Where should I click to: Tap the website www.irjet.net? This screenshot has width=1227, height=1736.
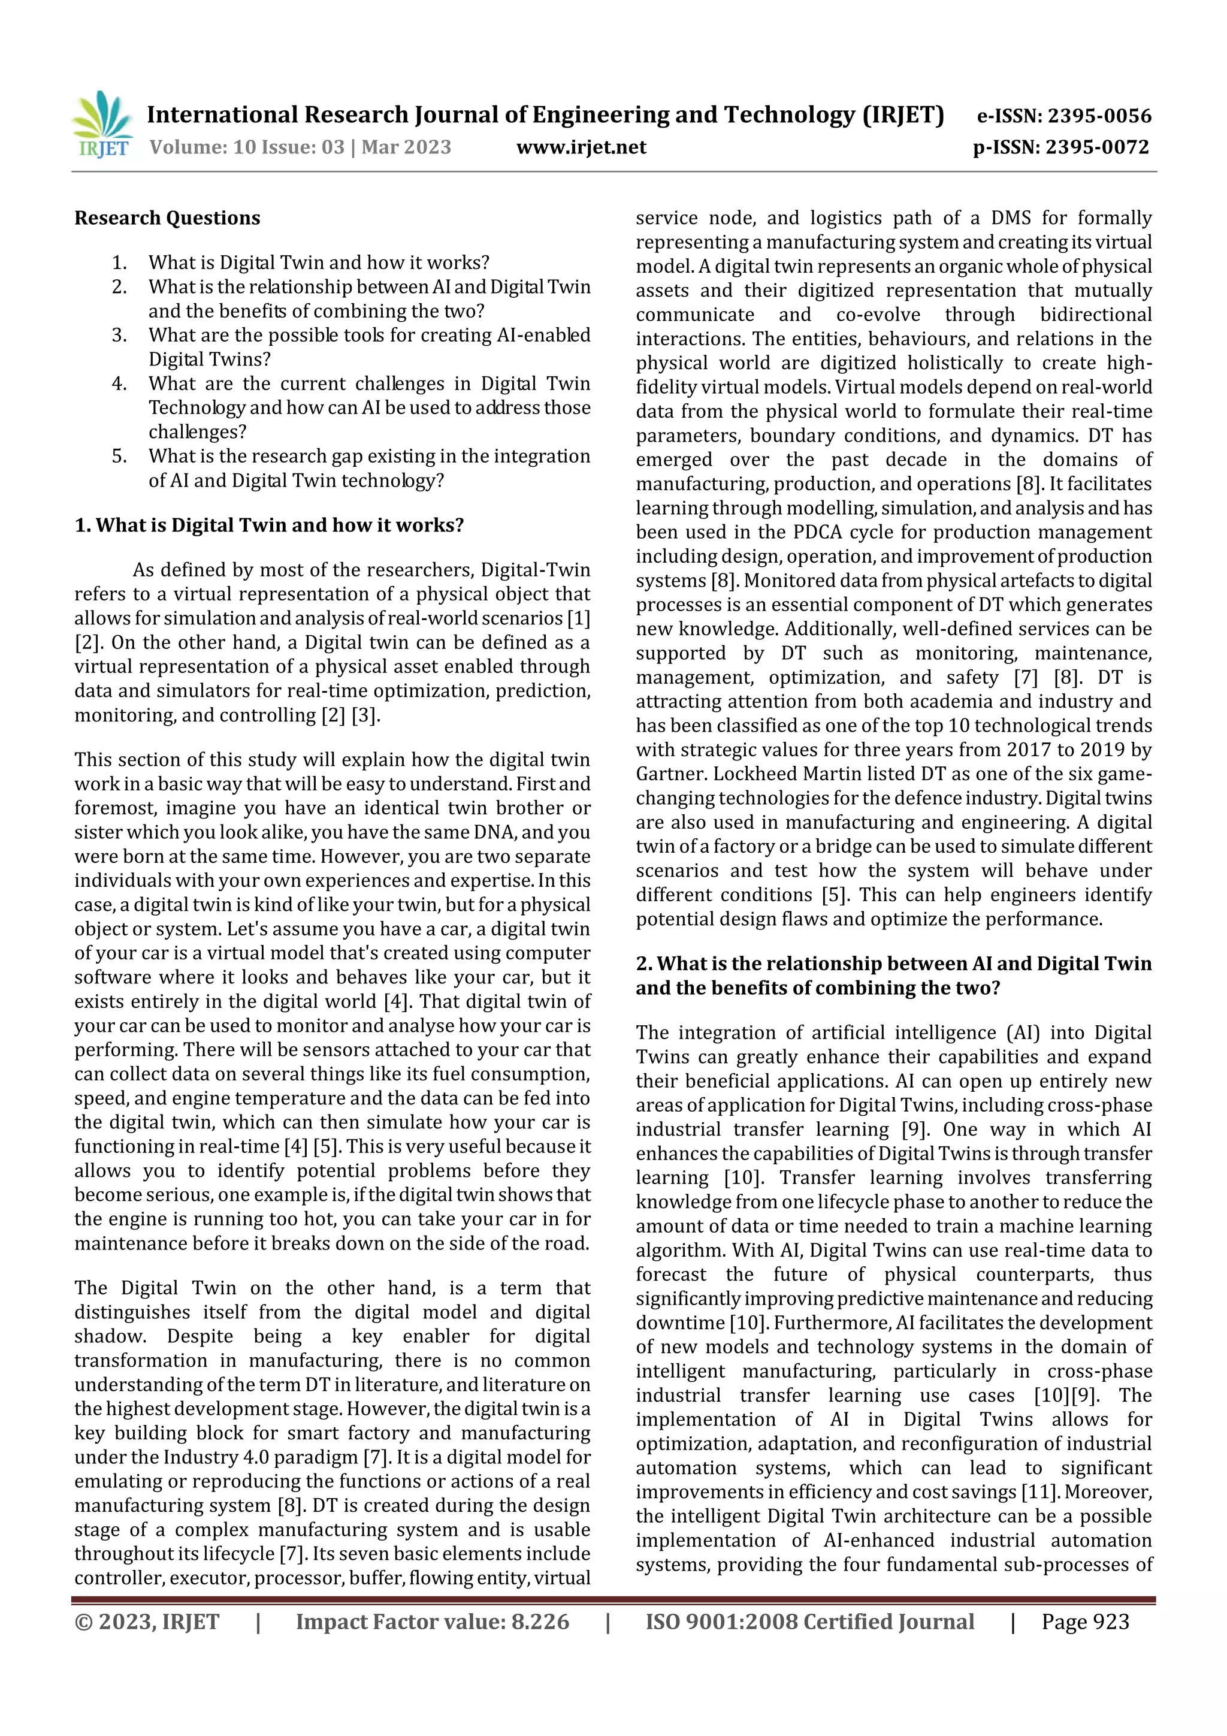click(581, 147)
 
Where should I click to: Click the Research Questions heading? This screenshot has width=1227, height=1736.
click(167, 219)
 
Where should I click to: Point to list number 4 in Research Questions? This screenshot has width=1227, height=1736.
click(119, 384)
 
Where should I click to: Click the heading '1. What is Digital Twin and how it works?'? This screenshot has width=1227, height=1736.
click(269, 526)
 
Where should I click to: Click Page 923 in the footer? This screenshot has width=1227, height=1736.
click(1085, 1621)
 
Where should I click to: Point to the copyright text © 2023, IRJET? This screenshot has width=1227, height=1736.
click(147, 1621)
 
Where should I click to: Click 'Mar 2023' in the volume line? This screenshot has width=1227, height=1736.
click(406, 147)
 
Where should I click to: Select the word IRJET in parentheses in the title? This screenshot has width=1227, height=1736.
click(903, 115)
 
